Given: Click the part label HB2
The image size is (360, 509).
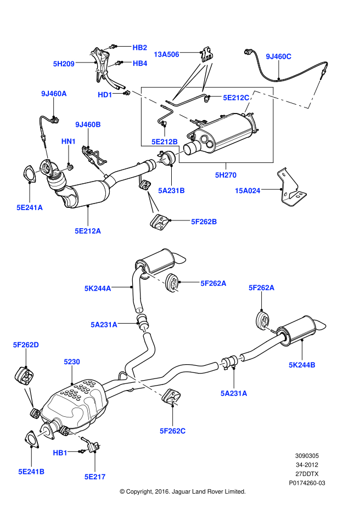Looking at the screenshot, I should tap(140, 48).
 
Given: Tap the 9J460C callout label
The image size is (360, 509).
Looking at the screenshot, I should tap(278, 56).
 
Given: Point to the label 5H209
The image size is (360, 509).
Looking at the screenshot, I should tap(64, 64).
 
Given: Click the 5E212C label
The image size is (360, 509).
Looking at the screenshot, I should tap(236, 98).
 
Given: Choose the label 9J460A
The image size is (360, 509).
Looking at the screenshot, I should tap(53, 94).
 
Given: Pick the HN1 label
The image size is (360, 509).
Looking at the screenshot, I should tap(68, 142).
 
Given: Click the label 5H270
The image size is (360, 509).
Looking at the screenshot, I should tap(226, 176).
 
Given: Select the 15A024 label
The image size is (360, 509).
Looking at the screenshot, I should tap(248, 191).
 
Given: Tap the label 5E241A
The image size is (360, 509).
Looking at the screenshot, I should tap(29, 207).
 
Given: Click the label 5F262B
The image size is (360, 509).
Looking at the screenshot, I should tap(204, 222).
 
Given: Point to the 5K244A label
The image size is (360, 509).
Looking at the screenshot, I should tap(98, 287).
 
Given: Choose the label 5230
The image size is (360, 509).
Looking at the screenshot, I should tap(71, 362).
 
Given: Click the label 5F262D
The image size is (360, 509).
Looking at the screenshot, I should tap(26, 345).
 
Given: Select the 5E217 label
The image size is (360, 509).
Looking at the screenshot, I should tap(95, 477).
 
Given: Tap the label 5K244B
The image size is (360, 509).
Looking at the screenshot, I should tap(302, 364).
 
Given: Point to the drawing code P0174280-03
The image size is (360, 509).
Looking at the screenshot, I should tap(307, 483).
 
